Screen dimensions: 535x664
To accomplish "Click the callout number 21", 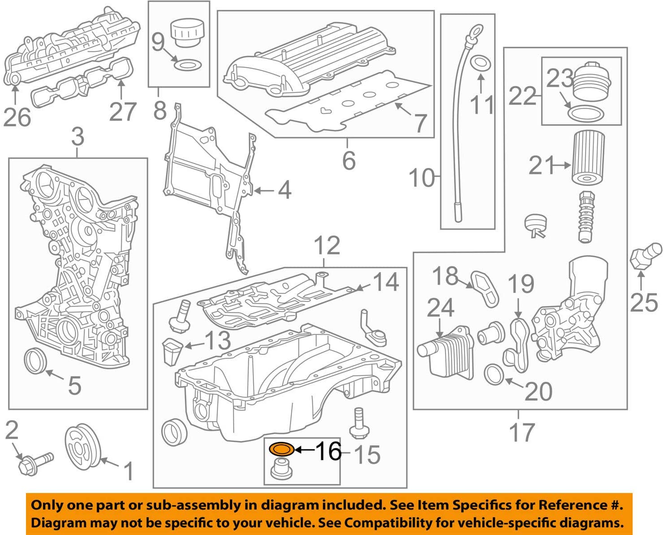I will tap(541, 165).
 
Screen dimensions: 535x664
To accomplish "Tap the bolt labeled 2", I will tap(35, 463).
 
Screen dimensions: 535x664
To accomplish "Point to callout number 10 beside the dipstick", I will tap(421, 178).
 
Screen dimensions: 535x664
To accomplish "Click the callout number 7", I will tap(420, 123).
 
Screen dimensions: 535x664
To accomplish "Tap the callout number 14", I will tap(386, 282).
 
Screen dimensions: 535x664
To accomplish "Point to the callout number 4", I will tap(285, 190).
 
